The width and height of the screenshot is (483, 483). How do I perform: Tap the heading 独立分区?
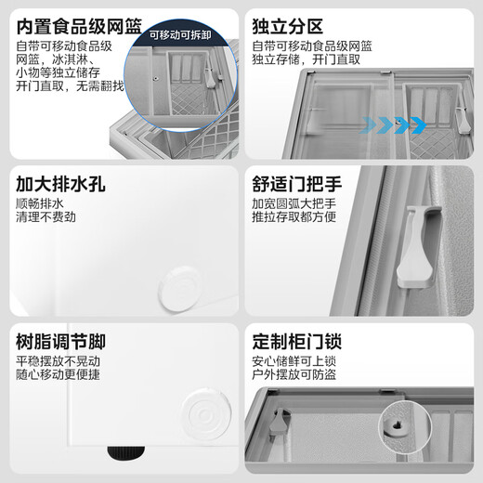[289, 24]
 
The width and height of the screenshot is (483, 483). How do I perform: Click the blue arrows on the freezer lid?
[396, 123]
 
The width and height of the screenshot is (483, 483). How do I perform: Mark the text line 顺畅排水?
[42, 203]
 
